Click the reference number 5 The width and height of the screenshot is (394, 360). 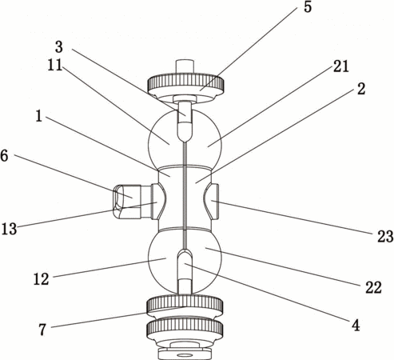click(x=308, y=7)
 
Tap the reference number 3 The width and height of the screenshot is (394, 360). click(x=59, y=46)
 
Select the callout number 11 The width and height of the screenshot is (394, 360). click(x=55, y=65)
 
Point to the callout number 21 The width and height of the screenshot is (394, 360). click(x=341, y=66)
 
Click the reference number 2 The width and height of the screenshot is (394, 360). click(x=361, y=89)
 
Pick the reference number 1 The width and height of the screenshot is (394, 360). click(x=39, y=116)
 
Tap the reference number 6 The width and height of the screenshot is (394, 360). click(x=5, y=155)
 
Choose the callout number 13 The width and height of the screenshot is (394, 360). click(x=9, y=229)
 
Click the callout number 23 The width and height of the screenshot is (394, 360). click(x=385, y=236)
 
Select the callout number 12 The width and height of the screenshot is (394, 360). click(x=42, y=279)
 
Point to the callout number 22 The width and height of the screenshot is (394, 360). click(x=373, y=287)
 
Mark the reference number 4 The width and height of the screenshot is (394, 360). click(x=356, y=325)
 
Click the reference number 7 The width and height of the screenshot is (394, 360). click(x=42, y=330)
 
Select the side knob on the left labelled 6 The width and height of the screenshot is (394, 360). click(x=128, y=202)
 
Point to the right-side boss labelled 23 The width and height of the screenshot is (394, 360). click(x=212, y=202)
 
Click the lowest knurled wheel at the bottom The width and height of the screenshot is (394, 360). click(x=185, y=330)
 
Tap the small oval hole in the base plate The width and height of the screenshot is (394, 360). click(x=184, y=355)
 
